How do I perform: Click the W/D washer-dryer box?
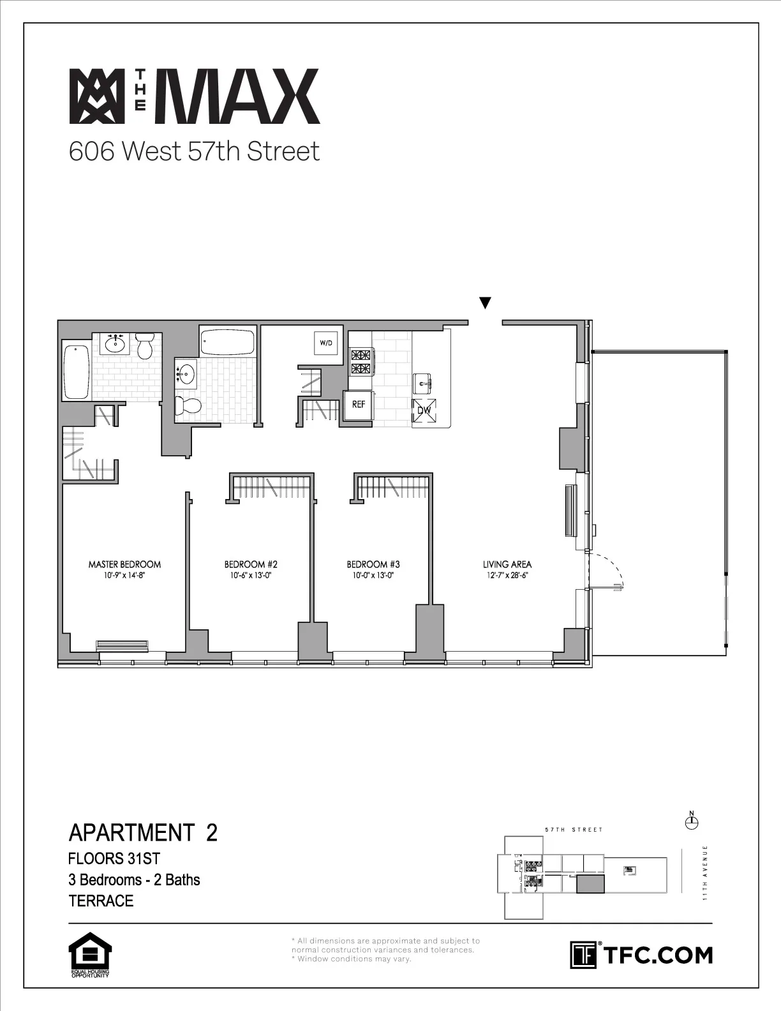tap(326, 343)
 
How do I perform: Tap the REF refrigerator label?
tap(359, 405)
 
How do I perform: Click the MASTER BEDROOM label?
tap(124, 564)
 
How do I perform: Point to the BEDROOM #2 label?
tap(251, 564)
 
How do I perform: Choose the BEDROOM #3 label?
tap(373, 564)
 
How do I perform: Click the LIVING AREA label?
tap(507, 564)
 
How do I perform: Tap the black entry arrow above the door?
tap(485, 303)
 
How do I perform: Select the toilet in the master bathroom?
tap(145, 345)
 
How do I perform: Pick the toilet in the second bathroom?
tap(188, 405)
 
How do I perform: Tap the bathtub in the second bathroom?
tap(227, 343)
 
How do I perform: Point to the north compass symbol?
tap(691, 823)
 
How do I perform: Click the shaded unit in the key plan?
tap(590, 884)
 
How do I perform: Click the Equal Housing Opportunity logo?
tap(90, 955)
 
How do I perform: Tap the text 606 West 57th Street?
tap(194, 152)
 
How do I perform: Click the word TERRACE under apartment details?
tap(101, 901)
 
